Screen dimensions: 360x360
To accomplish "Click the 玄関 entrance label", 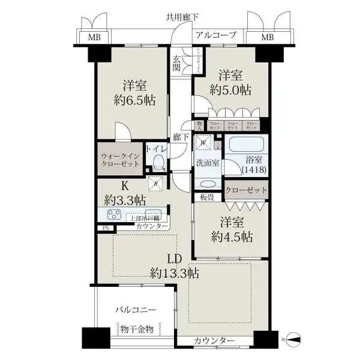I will tap(178, 63).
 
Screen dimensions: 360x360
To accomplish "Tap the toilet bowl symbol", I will tap(159, 162).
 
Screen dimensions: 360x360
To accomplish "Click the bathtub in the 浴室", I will tap(248, 145).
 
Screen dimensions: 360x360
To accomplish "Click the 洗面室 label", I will tap(205, 163).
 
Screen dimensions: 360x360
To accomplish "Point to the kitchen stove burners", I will tap(115, 215).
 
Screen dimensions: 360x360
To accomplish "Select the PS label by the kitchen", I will tap(106, 228).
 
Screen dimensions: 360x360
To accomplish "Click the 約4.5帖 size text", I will tap(231, 236).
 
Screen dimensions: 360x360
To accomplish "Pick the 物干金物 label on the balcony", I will tap(137, 329).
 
